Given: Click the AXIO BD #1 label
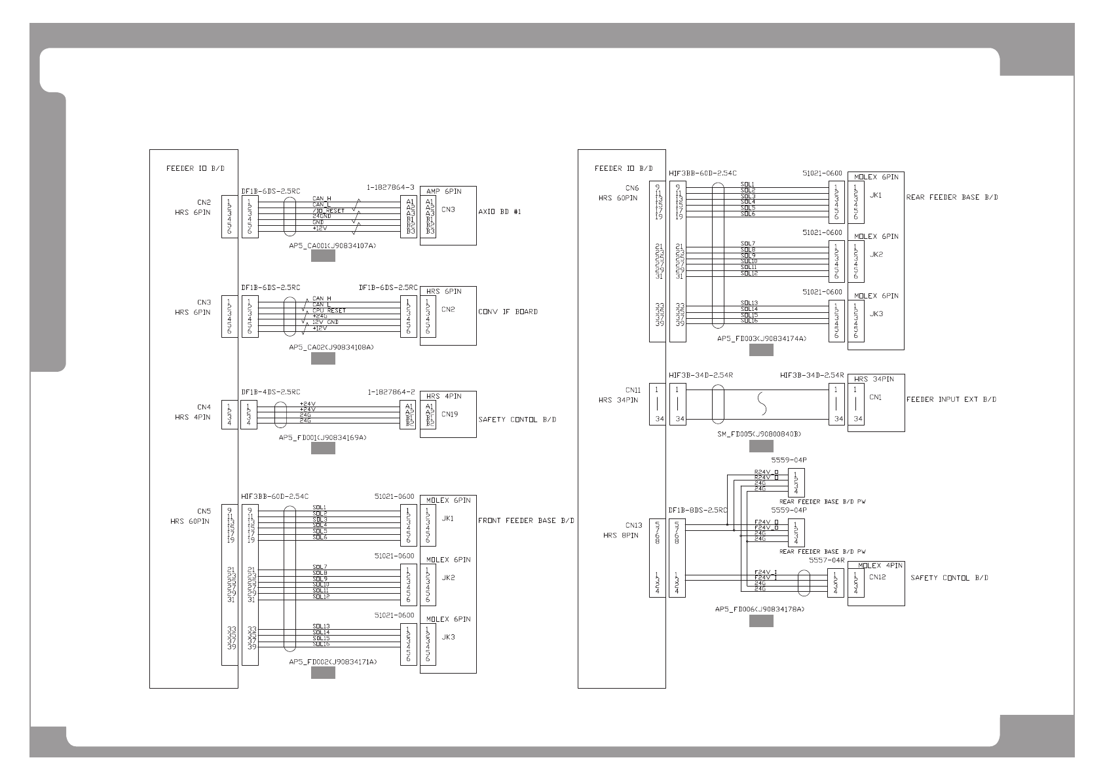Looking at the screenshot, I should coord(500,212).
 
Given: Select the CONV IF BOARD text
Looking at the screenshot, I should coord(508,312).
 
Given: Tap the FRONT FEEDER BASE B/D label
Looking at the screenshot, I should coord(526,521).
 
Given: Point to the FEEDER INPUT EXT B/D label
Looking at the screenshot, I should coord(951,399).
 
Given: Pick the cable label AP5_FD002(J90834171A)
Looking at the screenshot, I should coord(333,662).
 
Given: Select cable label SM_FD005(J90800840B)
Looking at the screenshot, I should coord(759,434).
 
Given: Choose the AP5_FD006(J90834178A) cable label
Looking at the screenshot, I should coord(760,609).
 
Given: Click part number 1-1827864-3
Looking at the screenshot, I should coord(391,187).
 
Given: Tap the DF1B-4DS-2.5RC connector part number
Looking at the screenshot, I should coord(271,392).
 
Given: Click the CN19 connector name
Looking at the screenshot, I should coord(449,414).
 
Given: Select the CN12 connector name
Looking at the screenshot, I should coord(877,577).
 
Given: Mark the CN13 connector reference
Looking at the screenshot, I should coord(633,525).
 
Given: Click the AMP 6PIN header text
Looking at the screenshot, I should coord(443,191).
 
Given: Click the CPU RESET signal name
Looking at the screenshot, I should coord(329,311).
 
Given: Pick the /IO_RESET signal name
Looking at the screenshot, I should coord(328,211).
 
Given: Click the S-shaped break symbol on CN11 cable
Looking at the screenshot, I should coord(760,403).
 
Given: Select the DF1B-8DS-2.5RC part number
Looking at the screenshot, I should coord(698,510).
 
